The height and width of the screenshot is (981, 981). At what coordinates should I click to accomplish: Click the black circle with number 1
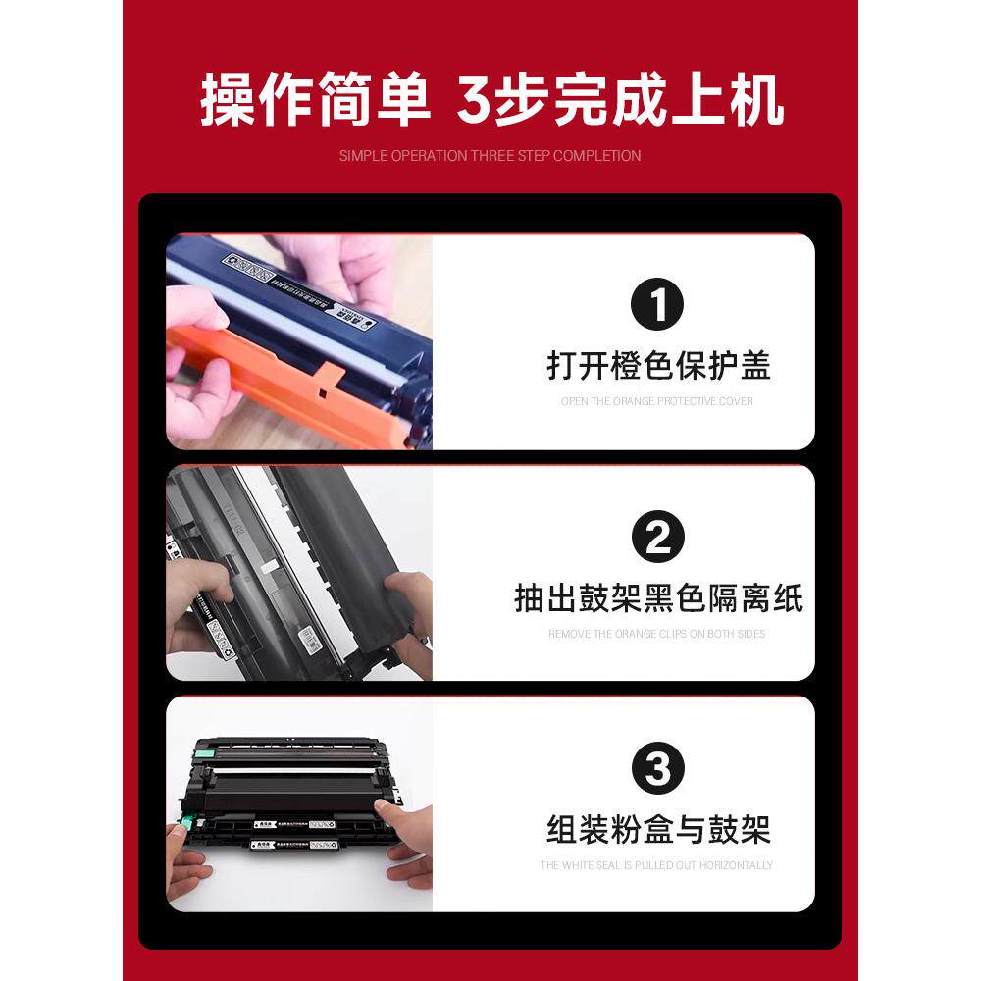[x=656, y=304]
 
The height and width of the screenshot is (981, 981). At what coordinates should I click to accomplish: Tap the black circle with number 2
[x=656, y=537]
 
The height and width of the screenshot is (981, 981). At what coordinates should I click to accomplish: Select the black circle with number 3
[x=656, y=769]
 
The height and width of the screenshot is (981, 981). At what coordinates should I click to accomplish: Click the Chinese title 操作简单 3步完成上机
[x=490, y=101]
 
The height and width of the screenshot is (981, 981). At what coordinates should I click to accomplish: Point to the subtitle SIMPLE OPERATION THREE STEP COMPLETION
[x=490, y=156]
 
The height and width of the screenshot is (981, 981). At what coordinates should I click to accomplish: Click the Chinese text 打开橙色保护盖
[x=657, y=365]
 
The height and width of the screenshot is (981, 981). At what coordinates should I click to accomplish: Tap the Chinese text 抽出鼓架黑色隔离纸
[x=657, y=597]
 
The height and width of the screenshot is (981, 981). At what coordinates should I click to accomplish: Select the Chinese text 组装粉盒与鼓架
[x=657, y=830]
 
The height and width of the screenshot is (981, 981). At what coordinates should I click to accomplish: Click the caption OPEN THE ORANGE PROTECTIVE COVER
[x=657, y=401]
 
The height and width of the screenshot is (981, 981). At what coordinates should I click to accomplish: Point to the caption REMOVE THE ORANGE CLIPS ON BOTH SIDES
[x=656, y=634]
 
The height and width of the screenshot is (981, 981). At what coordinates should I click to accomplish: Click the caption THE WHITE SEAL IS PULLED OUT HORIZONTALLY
[x=656, y=865]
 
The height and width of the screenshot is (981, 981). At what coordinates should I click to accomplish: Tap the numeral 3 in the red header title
[x=477, y=102]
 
